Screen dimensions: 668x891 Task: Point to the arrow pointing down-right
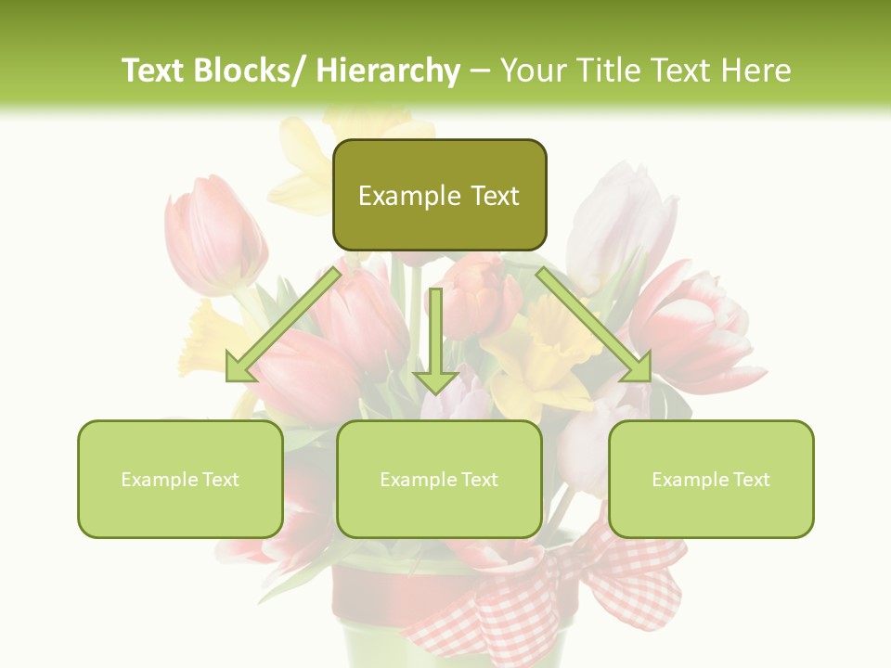click(x=595, y=326)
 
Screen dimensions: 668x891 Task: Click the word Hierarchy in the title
click(x=387, y=71)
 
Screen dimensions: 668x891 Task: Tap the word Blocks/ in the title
click(x=252, y=71)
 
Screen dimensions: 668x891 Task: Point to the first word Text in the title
click(x=154, y=71)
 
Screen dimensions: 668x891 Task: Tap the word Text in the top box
click(x=494, y=196)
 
